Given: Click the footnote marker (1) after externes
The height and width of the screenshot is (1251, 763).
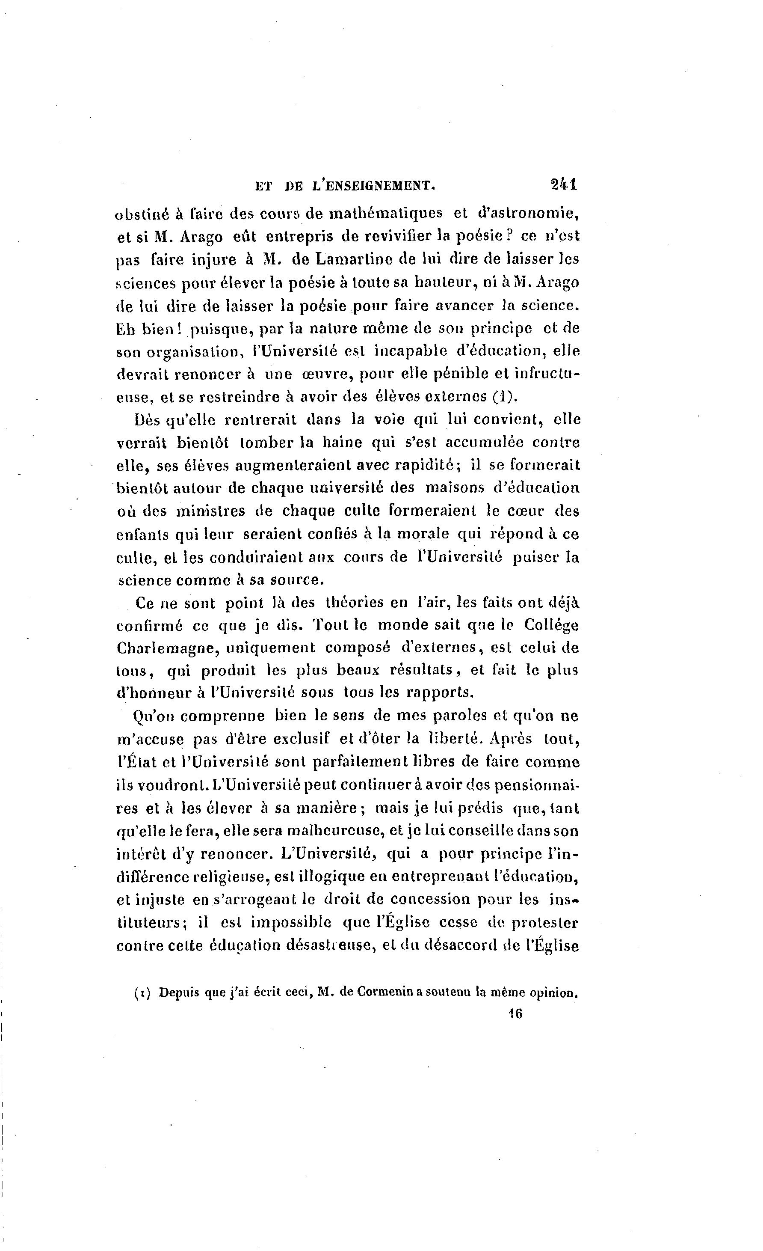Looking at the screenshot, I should coord(503,396).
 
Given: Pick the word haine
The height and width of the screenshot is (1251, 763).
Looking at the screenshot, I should coord(343,443).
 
